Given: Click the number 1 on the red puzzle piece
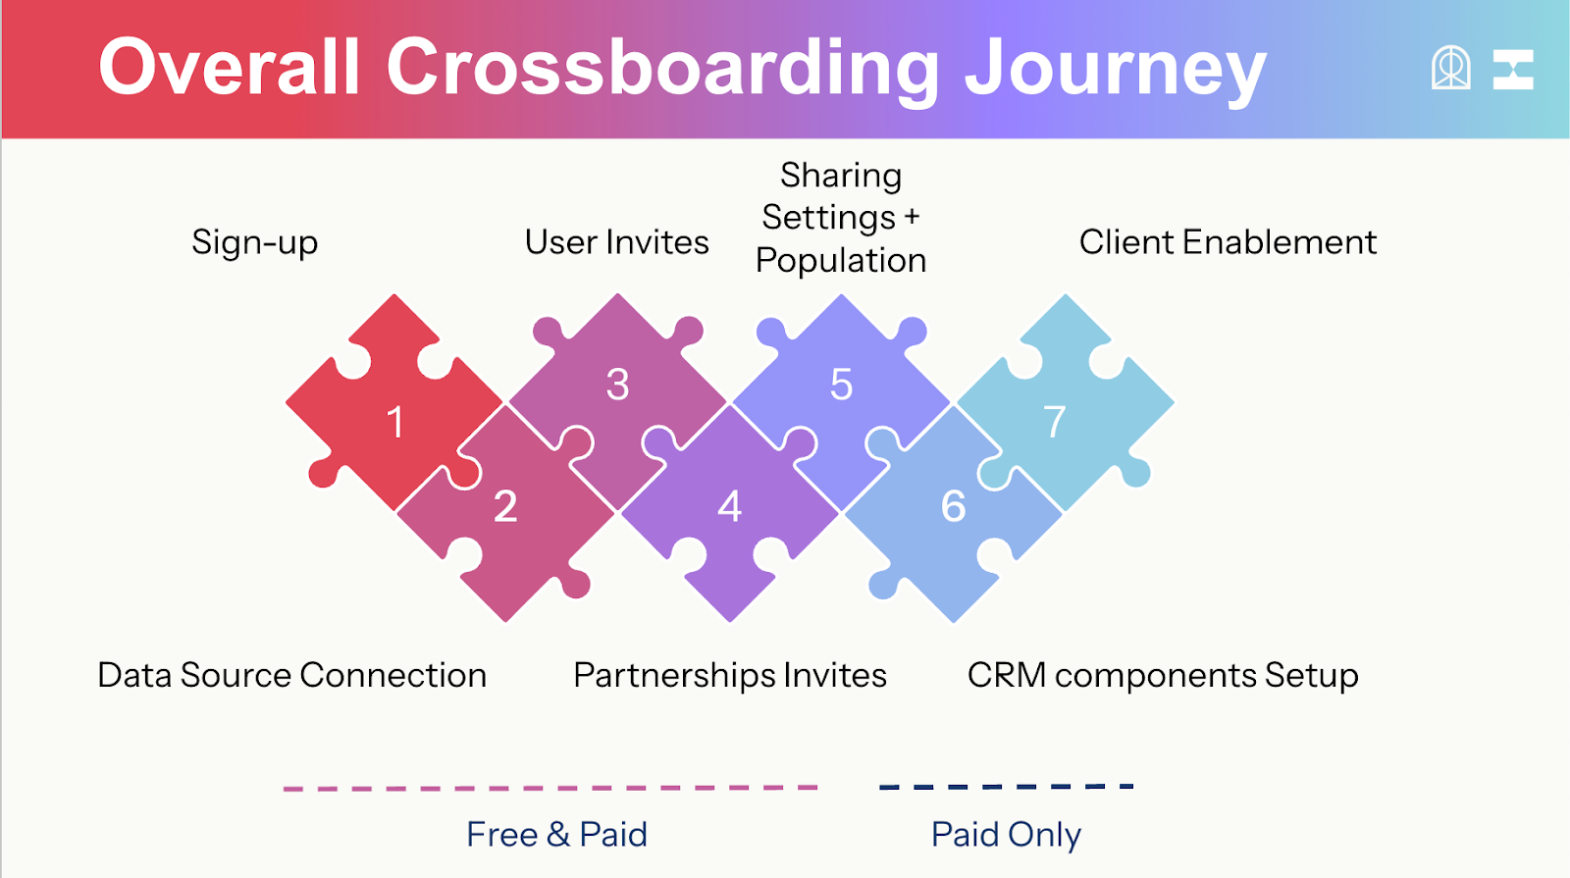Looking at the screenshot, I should point(395,423).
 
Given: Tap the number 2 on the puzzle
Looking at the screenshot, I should point(505,506).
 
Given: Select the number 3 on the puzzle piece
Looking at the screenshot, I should point(617,385).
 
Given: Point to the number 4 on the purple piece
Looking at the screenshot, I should point(729,506).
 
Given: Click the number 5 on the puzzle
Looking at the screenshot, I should point(841,385).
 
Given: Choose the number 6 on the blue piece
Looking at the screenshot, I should point(953,506).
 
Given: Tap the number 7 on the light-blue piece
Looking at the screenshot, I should point(1055,423).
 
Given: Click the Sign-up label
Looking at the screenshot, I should point(255,242).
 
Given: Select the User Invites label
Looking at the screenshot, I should point(616,242).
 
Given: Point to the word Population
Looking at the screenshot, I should point(841,260).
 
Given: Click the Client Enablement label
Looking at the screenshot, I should point(1228,242).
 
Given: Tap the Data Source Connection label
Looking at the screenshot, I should point(292,675).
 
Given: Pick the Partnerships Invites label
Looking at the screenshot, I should point(730,675).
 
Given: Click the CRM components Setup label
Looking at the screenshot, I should point(1163,675).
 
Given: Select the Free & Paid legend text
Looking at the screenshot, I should point(556,834).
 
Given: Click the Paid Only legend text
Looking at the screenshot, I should point(1006,834).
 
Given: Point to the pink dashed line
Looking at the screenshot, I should point(549,788).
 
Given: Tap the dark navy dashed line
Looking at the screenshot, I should point(1006,786).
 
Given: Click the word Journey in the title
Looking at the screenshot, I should point(1115,69).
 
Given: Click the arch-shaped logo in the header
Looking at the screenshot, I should point(1450,69).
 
